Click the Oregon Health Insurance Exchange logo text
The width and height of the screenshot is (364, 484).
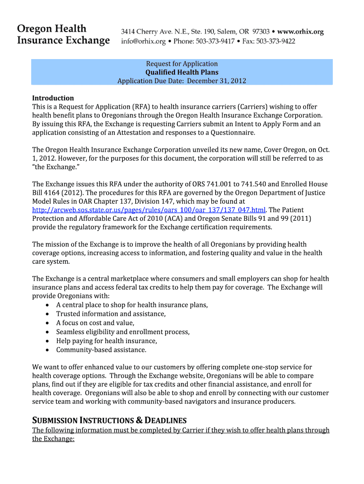[63, 35]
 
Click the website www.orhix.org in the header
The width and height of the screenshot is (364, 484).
[298, 32]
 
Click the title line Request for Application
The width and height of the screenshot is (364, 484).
[182, 64]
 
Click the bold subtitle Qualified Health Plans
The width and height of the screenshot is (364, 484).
[182, 72]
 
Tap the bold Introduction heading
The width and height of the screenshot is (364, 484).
[53, 98]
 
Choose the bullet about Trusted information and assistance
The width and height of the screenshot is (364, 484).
[111, 314]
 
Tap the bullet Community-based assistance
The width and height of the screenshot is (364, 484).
[101, 350]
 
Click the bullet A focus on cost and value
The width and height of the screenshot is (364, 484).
[95, 323]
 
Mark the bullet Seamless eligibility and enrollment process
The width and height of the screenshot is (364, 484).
[123, 332]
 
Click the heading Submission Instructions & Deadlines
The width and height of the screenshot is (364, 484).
[109, 420]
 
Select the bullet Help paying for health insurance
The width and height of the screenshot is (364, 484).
[106, 341]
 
